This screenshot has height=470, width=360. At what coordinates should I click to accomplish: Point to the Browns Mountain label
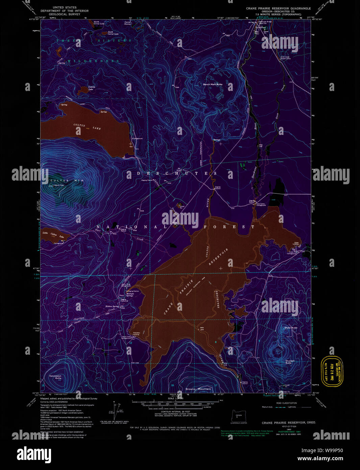point(198,389)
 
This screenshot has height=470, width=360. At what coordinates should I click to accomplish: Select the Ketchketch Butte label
point(55,377)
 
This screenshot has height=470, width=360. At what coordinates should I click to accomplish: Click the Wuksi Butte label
point(291,328)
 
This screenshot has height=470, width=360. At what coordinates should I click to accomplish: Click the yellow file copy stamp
point(332,371)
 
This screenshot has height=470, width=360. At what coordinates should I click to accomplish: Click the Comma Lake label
point(92,88)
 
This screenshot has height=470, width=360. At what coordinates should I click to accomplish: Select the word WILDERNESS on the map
point(93,61)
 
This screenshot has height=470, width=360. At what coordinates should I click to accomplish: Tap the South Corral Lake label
point(113,33)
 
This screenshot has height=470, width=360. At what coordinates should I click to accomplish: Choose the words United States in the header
point(65,7)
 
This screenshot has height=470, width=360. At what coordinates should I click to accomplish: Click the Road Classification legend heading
point(286,403)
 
